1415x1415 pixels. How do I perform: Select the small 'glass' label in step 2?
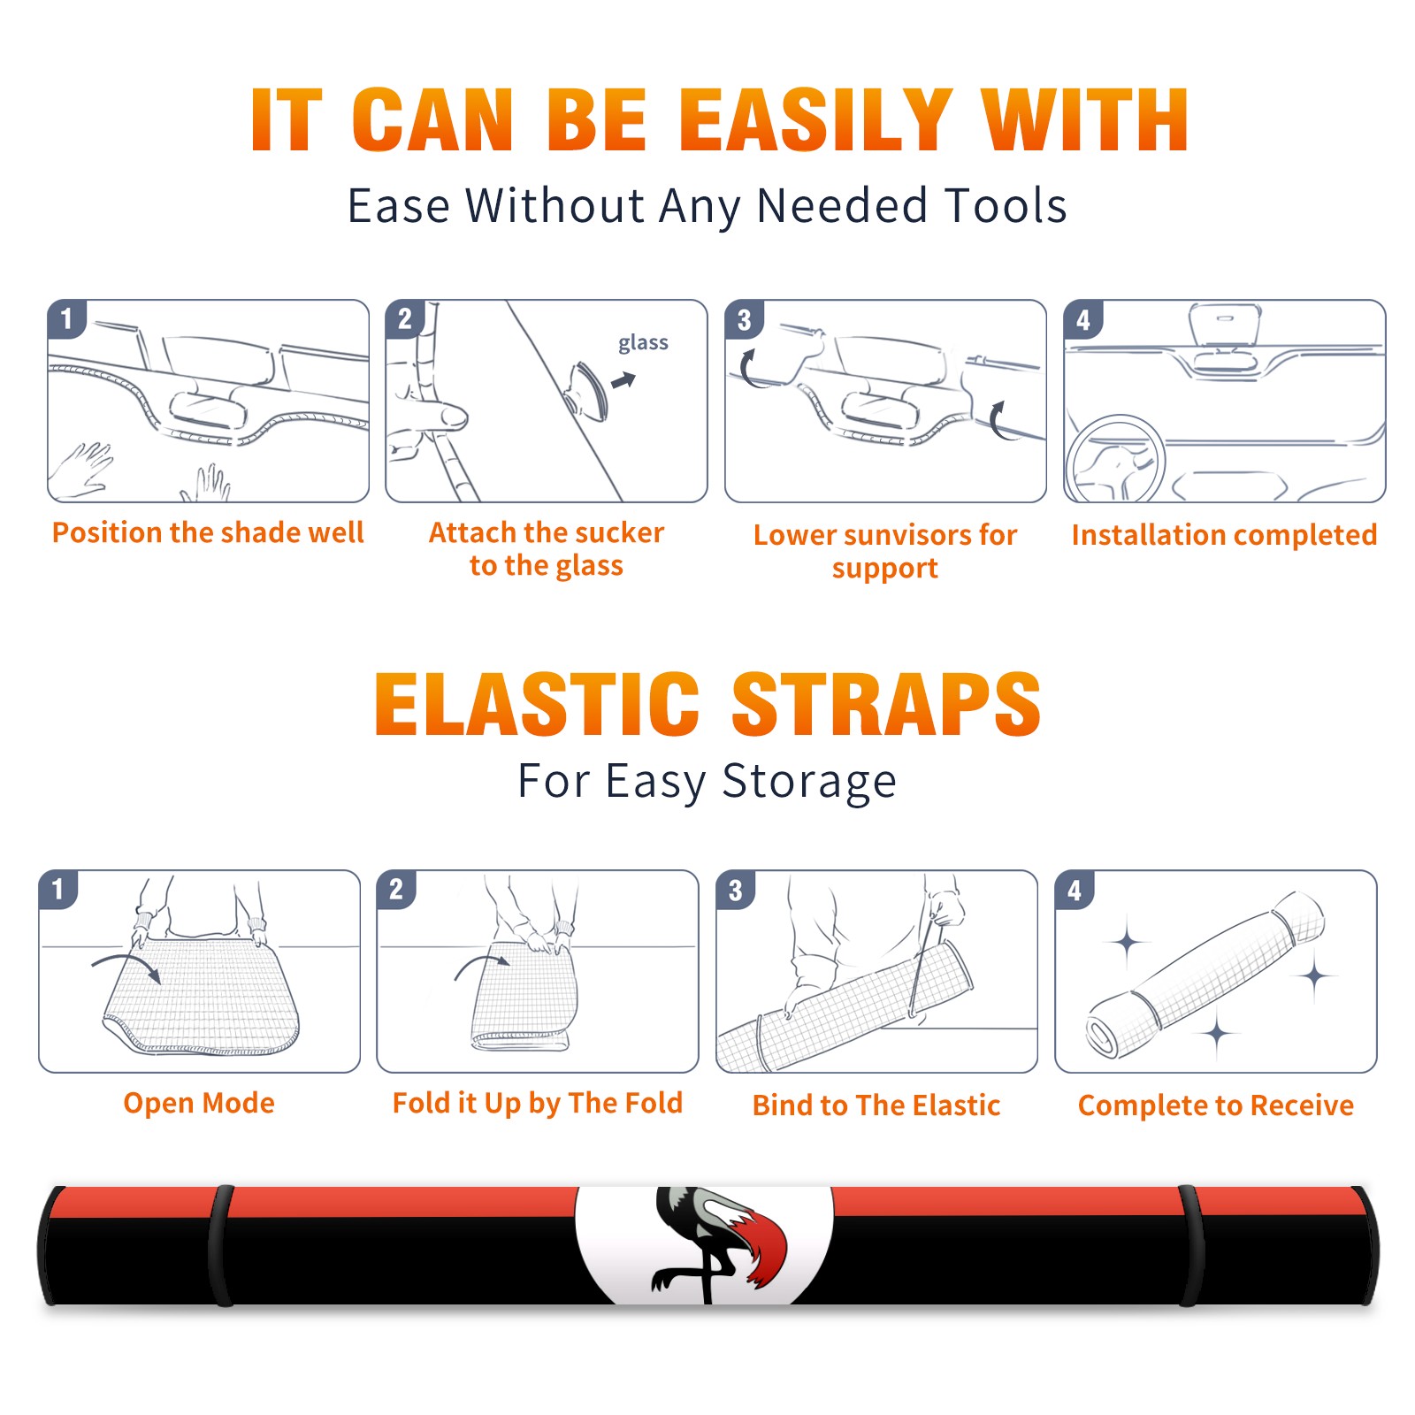(643, 343)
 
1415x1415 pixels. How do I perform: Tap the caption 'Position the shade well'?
(208, 532)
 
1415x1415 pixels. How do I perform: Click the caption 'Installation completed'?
(1224, 535)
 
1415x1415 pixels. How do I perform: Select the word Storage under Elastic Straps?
(809, 782)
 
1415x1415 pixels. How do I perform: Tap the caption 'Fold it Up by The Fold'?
(538, 1104)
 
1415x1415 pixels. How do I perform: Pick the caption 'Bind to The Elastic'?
(876, 1105)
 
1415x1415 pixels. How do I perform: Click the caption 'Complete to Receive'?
(1216, 1105)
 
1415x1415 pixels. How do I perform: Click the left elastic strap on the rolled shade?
(221, 1245)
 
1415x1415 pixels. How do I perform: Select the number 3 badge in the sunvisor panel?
(744, 320)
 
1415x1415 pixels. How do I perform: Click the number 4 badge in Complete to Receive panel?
(1075, 890)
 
